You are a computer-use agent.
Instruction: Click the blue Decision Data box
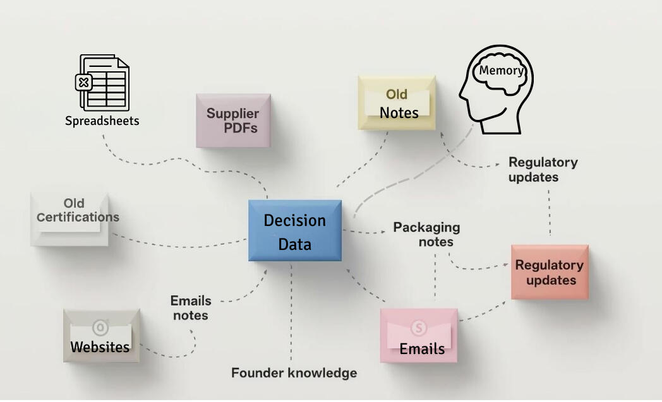tap(295, 231)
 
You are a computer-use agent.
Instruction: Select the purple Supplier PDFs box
tap(233, 121)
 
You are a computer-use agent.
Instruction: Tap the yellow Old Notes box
tap(397, 103)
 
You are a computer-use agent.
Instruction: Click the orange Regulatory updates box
tap(550, 272)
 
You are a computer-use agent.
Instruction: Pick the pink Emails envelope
tap(419, 336)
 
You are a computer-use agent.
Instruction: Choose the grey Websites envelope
tap(101, 336)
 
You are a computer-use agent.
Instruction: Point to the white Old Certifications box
tap(70, 219)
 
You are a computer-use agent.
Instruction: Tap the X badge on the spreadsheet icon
tap(83, 82)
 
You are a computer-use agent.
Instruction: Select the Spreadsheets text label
tap(102, 121)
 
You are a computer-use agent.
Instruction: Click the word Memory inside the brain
tap(501, 70)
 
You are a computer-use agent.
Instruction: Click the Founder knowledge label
tap(294, 373)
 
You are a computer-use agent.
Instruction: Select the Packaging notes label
tap(426, 234)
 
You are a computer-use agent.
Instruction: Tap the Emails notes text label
tap(191, 307)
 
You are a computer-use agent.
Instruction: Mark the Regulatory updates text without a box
tap(543, 169)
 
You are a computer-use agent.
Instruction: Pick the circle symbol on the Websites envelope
tap(100, 327)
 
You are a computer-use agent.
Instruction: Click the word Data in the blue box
tap(295, 244)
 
